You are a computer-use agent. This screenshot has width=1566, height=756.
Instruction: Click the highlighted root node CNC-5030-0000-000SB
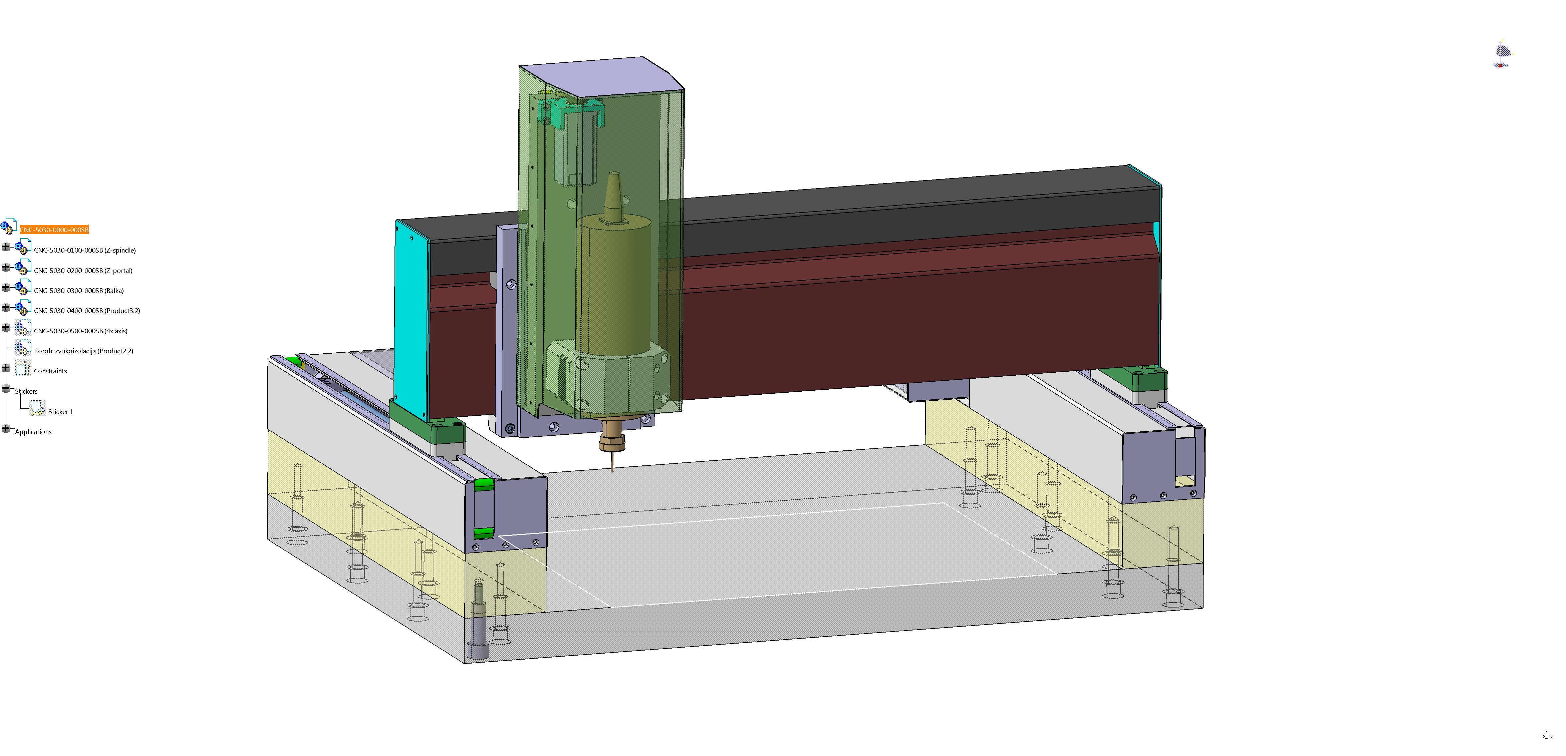pyautogui.click(x=54, y=230)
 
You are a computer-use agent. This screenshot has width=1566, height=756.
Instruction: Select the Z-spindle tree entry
pyautogui.click(x=84, y=250)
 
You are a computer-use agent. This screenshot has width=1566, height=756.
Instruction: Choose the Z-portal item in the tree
pyautogui.click(x=83, y=271)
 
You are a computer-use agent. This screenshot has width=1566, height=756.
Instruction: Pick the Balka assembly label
pyautogui.click(x=78, y=291)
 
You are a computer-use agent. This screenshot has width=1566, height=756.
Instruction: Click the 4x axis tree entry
pyautogui.click(x=80, y=331)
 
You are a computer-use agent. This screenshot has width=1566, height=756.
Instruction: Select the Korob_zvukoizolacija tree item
pyautogui.click(x=83, y=351)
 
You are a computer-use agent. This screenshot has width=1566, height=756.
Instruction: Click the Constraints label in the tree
pyautogui.click(x=50, y=371)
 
